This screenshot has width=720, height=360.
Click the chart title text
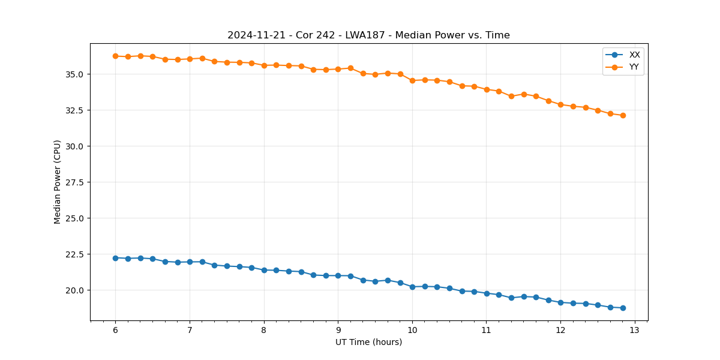coord(368,35)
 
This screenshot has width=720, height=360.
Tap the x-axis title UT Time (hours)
coord(368,342)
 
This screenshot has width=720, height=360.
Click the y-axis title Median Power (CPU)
coord(58,182)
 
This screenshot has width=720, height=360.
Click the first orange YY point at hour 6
coord(115,56)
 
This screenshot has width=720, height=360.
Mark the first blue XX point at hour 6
coord(115,258)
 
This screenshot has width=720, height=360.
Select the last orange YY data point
coord(623,115)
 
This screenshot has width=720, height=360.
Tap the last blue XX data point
coord(623,308)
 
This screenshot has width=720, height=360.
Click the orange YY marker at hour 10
coord(412,80)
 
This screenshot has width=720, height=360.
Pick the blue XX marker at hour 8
coord(264,270)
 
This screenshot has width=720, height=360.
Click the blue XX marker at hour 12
coord(560,302)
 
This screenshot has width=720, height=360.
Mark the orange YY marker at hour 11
coord(487,89)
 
